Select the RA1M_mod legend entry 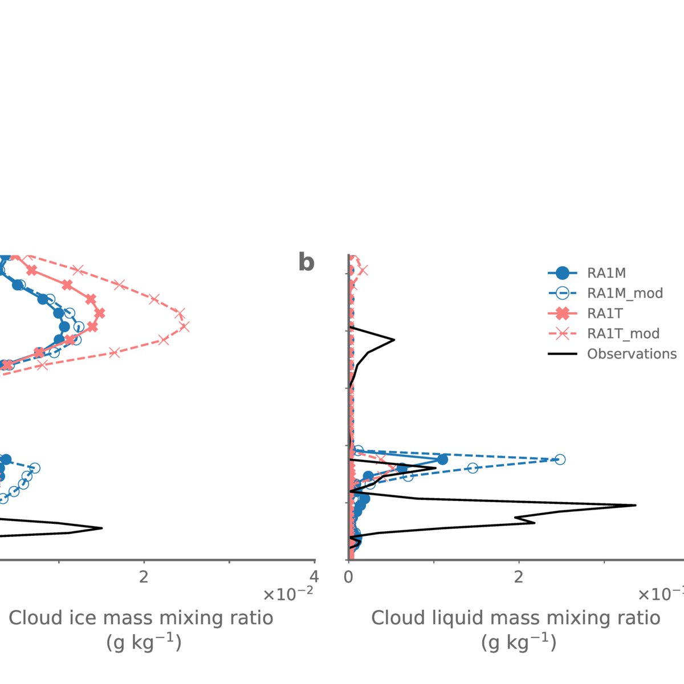(x=625, y=294)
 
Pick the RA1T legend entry (x=604, y=313)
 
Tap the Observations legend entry (x=632, y=354)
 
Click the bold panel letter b (x=306, y=262)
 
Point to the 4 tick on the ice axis (x=314, y=577)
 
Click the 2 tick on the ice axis (x=144, y=577)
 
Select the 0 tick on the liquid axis (x=349, y=577)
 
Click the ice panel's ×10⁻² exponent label (x=288, y=595)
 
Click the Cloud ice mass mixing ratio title (x=141, y=618)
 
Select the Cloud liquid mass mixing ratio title (x=515, y=618)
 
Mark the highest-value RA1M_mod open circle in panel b (x=560, y=459)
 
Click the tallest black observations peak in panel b (x=635, y=505)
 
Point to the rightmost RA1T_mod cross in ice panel (x=184, y=327)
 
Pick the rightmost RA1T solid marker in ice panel (x=100, y=313)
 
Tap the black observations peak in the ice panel (x=101, y=528)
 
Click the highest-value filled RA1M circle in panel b (x=442, y=459)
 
